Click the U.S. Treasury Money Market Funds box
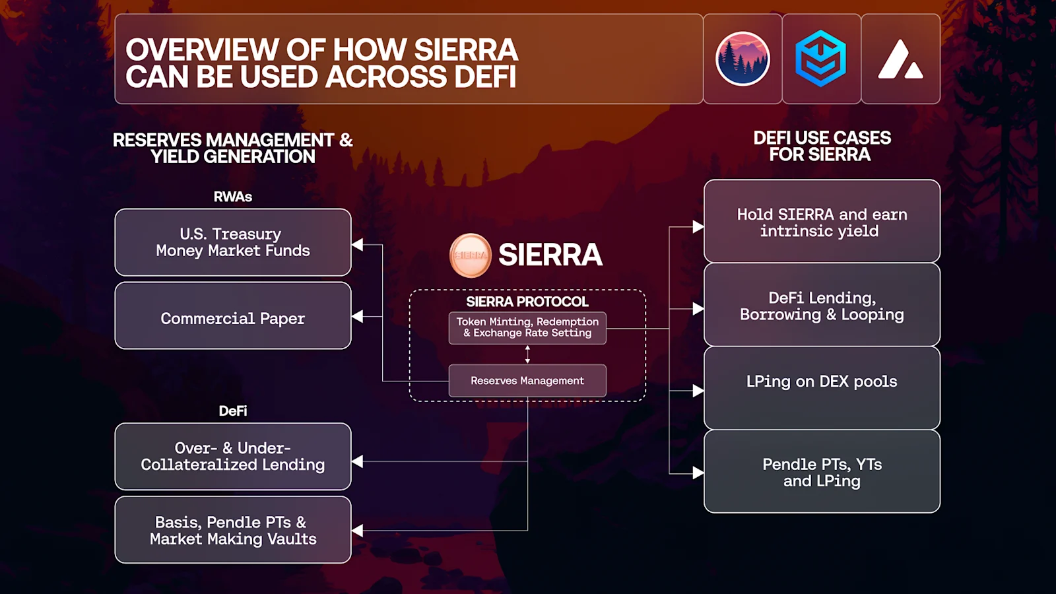[x=232, y=242]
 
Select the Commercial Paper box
[x=232, y=315]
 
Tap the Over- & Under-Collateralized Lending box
[x=232, y=456]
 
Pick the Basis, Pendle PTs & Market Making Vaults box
[x=232, y=530]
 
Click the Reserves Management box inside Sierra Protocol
[x=527, y=381]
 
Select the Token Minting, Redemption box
[x=527, y=327]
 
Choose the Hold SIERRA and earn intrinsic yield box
[x=822, y=222]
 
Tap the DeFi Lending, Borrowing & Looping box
[x=822, y=306]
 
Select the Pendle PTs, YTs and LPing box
[x=822, y=472]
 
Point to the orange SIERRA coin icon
[x=471, y=255]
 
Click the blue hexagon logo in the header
[x=821, y=59]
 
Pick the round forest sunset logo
[x=743, y=59]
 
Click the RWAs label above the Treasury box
[x=232, y=197]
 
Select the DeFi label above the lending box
[x=232, y=411]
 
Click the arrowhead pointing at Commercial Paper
[x=358, y=317]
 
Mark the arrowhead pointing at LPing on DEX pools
[x=698, y=391]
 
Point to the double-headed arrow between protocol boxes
[x=527, y=354]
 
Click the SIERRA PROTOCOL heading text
[x=527, y=302]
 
